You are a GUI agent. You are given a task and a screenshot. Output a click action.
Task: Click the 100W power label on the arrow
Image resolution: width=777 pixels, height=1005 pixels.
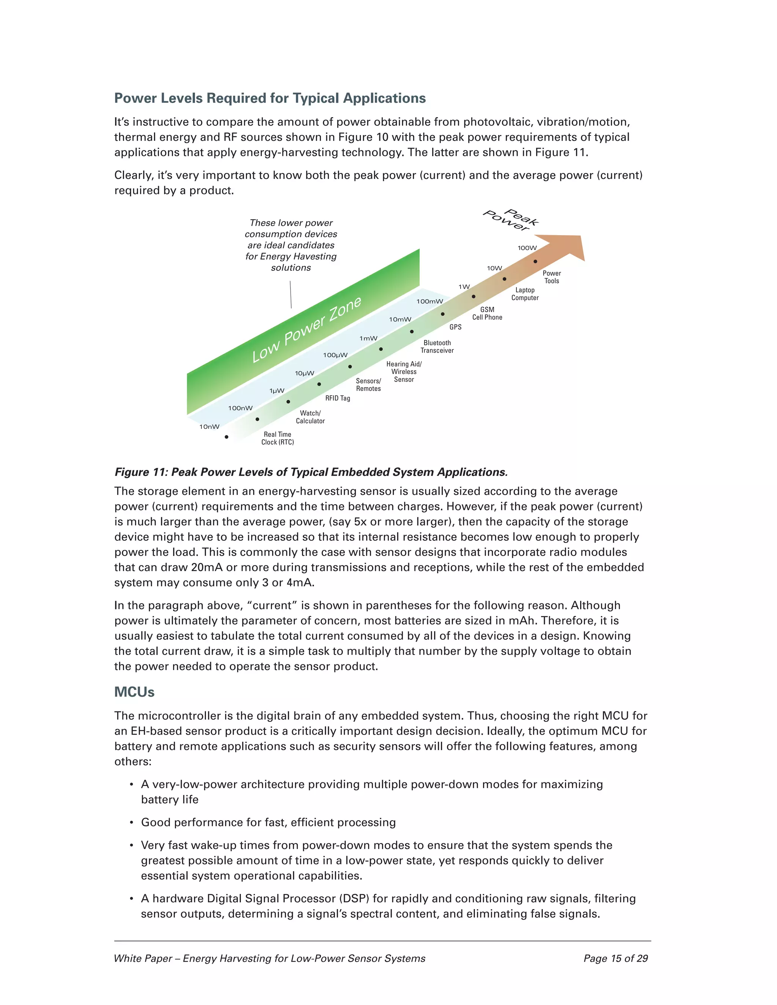point(527,248)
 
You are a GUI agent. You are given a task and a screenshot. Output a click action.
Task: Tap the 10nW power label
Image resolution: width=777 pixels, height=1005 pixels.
point(209,427)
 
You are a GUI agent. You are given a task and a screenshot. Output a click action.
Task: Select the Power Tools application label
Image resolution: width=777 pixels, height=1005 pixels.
point(551,277)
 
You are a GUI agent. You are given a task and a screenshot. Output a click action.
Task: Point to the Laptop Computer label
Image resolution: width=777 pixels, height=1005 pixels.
point(525,294)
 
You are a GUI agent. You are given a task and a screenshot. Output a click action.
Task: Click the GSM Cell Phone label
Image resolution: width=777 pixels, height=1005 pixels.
point(487,313)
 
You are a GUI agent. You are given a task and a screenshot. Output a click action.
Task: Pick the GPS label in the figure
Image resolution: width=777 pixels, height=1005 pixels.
point(455,327)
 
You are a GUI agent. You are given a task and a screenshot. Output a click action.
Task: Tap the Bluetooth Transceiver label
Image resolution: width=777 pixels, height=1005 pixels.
point(437,347)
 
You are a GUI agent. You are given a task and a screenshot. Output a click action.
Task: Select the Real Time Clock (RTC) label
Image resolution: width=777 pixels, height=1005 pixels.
point(278,438)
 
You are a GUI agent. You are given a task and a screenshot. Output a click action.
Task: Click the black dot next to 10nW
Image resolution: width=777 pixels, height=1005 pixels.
point(226,437)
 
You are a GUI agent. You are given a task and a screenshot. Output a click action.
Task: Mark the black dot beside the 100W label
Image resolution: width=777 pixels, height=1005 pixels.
point(535,261)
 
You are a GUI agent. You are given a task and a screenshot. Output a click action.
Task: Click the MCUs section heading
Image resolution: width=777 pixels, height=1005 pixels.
point(134,692)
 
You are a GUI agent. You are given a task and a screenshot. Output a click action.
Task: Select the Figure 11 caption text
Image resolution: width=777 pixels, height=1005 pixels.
point(311,472)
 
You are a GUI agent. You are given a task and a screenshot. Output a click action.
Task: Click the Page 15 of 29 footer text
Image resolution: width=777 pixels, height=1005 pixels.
point(615,958)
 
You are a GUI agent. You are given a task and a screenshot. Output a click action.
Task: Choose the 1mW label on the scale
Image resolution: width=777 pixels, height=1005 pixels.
point(368,338)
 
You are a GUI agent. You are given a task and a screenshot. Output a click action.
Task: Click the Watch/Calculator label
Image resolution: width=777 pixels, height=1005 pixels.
point(310,417)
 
